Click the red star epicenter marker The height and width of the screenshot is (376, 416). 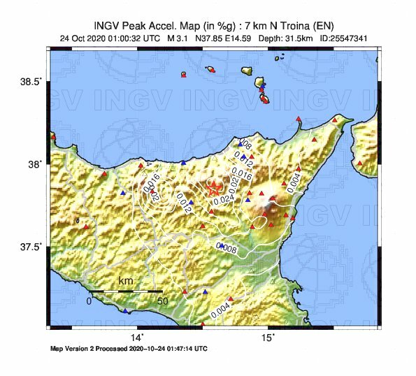click(x=214, y=188)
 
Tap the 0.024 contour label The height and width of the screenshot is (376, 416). click(x=223, y=200)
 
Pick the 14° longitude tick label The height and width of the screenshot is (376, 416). click(x=137, y=338)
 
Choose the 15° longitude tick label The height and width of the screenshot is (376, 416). click(x=268, y=338)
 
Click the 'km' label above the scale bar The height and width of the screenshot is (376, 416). click(x=125, y=282)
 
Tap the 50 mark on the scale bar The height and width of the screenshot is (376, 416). click(x=162, y=301)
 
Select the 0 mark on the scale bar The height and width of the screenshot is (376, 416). click(x=89, y=301)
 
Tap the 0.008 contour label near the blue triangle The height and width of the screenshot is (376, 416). click(x=229, y=247)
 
